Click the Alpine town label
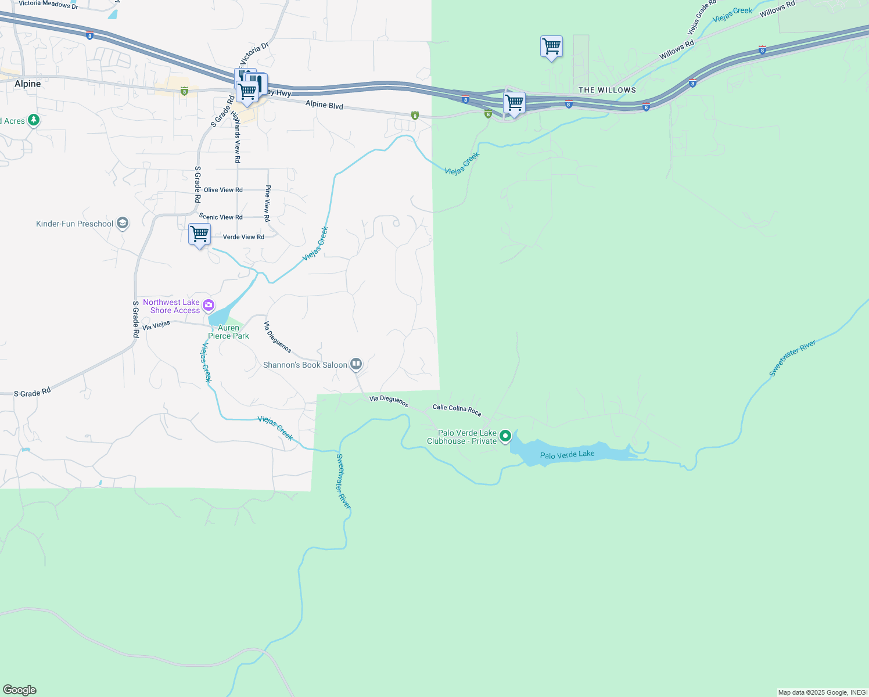(x=28, y=84)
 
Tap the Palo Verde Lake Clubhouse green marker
(x=505, y=436)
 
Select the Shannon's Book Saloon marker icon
(x=356, y=364)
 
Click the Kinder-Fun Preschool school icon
(x=122, y=223)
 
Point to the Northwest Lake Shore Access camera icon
(x=209, y=306)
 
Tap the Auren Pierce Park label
(x=228, y=332)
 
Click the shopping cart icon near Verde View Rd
(x=199, y=234)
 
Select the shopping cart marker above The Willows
(x=551, y=46)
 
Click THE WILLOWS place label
(x=607, y=90)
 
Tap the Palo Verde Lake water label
(x=567, y=454)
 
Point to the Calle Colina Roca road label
(x=457, y=410)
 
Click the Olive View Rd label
(x=223, y=190)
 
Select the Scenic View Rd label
(x=221, y=217)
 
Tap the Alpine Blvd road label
(x=324, y=106)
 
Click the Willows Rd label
(x=676, y=50)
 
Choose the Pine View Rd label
(x=267, y=203)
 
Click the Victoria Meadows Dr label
(x=48, y=4)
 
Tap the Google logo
(x=19, y=690)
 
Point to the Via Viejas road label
(x=156, y=325)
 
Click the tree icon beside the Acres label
(x=34, y=120)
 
